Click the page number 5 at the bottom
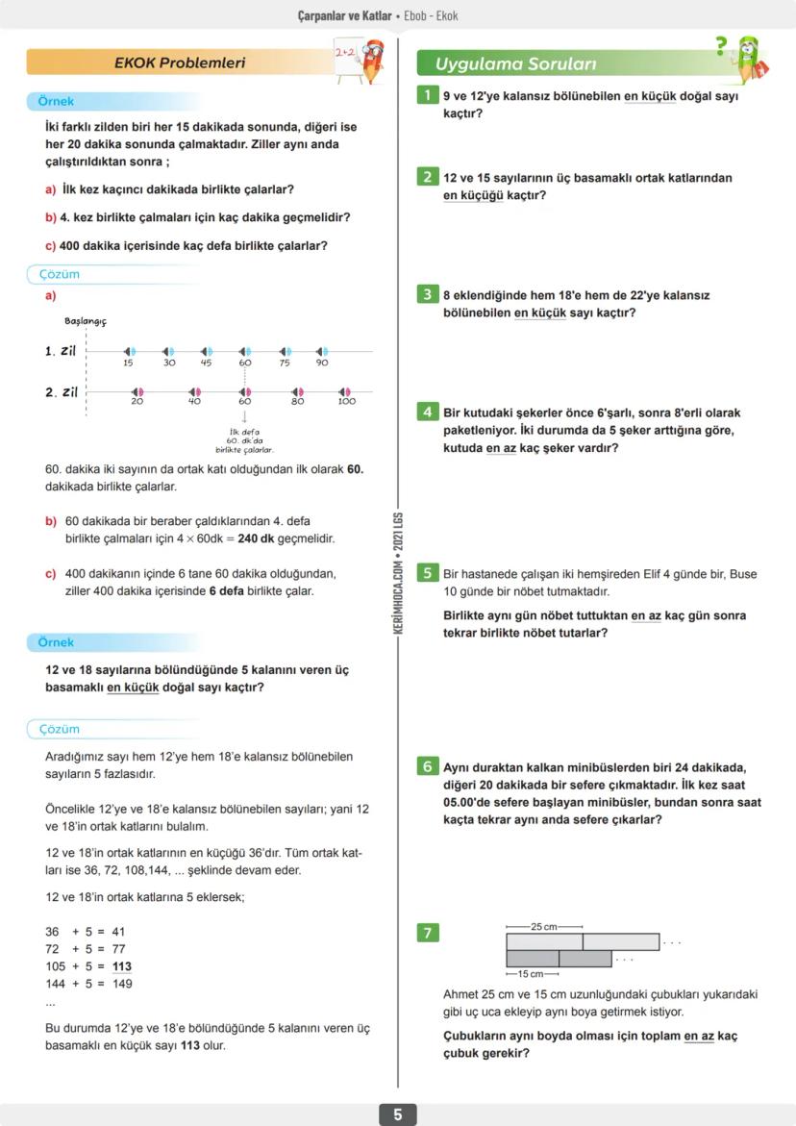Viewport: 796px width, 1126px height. click(397, 1114)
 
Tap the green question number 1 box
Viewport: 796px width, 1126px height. click(427, 95)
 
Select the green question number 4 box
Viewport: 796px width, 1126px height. click(427, 412)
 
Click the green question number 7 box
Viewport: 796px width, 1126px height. click(427, 932)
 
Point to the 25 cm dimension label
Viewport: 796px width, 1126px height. click(544, 927)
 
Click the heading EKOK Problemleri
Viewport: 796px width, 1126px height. click(180, 63)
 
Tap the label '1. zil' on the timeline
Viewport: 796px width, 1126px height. click(61, 352)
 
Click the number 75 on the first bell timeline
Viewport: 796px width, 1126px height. click(284, 363)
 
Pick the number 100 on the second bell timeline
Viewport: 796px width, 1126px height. click(346, 401)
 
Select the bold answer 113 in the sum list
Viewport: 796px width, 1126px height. click(122, 966)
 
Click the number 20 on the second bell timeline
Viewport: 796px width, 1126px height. click(137, 401)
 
